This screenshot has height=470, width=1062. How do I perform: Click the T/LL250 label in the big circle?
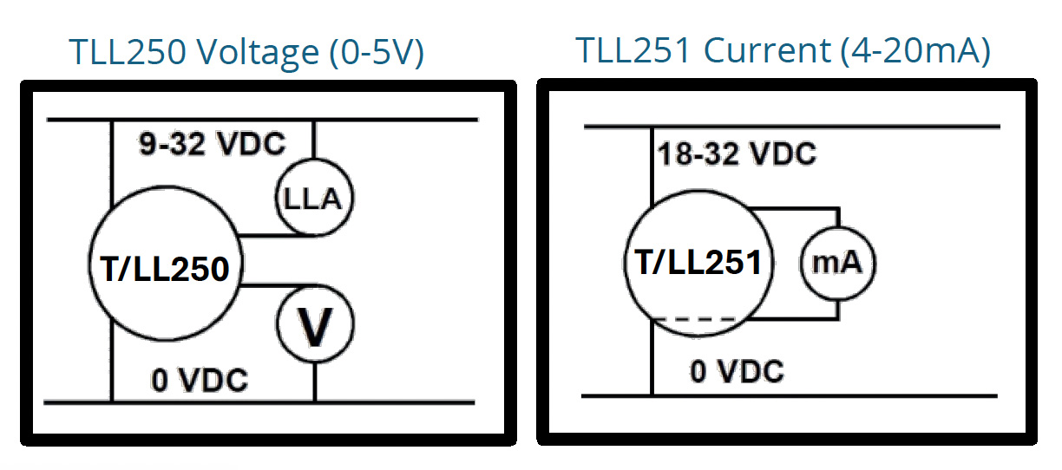(x=165, y=270)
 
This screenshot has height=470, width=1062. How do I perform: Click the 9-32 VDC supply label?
(x=213, y=143)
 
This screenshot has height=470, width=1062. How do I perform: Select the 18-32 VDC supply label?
(x=736, y=154)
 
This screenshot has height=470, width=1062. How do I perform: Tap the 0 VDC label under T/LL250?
(x=200, y=380)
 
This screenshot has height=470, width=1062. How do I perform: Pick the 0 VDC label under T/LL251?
(x=737, y=371)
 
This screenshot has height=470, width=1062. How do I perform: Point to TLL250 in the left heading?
(x=128, y=54)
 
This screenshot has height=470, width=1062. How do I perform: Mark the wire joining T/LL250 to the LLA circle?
(x=260, y=234)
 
